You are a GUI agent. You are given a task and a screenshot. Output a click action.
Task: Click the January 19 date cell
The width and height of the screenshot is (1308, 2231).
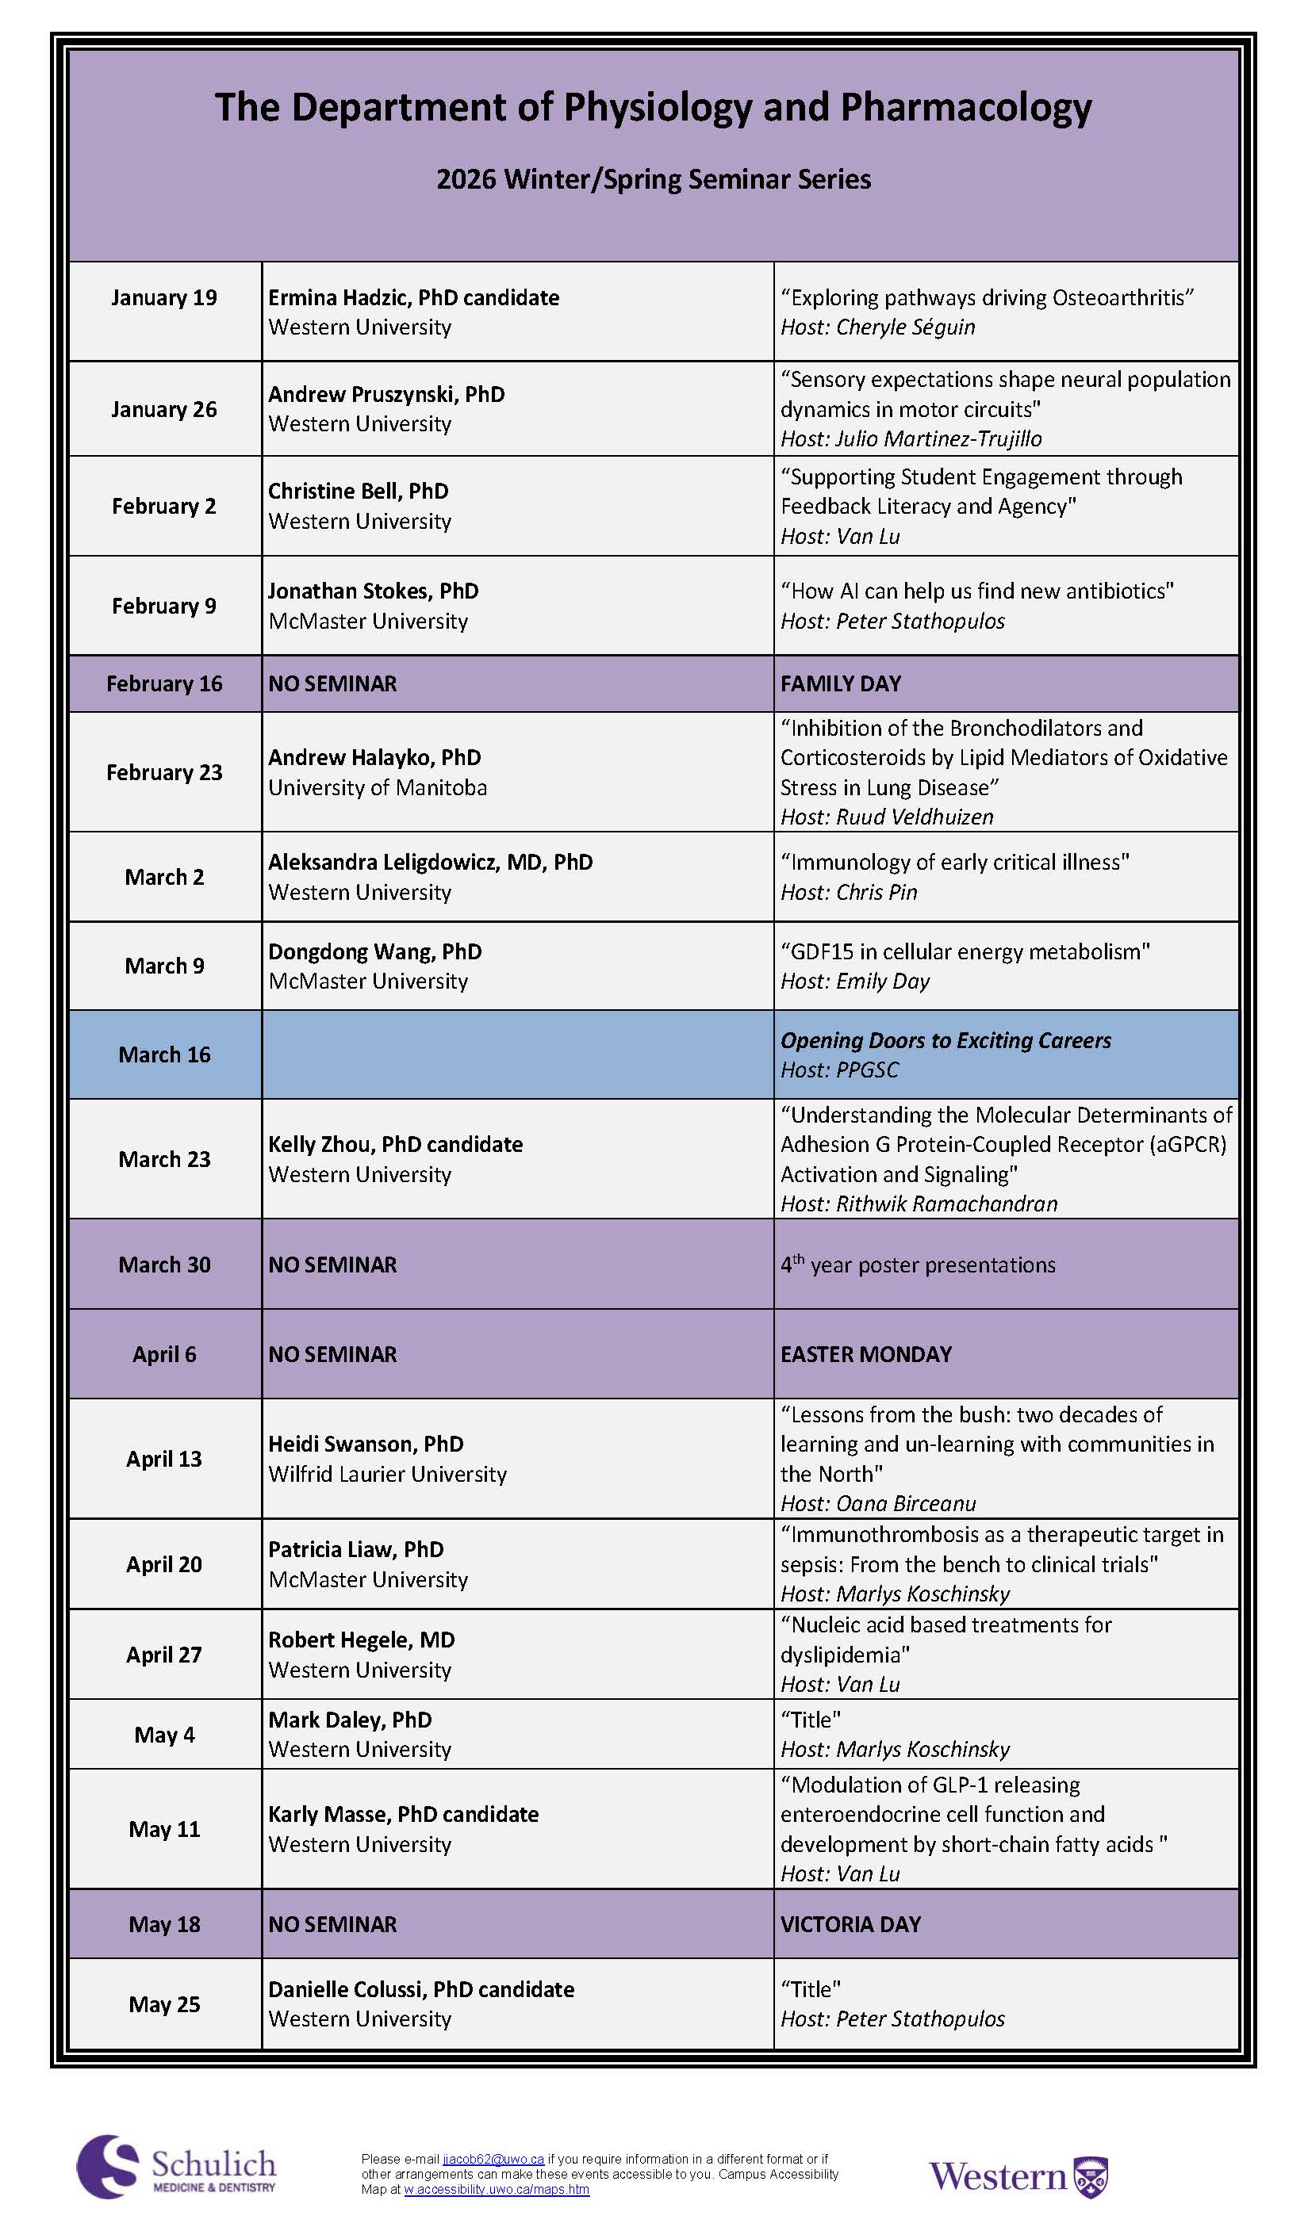click(164, 297)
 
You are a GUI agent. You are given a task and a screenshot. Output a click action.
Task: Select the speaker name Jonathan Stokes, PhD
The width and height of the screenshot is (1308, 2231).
click(373, 591)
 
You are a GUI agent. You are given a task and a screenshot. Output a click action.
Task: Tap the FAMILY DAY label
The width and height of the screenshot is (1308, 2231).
click(841, 683)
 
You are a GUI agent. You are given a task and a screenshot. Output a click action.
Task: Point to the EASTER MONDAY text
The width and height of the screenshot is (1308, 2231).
click(865, 1353)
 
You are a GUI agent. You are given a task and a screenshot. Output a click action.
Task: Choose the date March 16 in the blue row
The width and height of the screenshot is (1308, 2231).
click(164, 1054)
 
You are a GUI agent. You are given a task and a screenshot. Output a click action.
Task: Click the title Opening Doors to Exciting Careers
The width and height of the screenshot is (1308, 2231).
click(945, 1040)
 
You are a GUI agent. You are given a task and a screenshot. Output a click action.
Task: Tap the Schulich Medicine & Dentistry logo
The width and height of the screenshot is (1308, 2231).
click(176, 2166)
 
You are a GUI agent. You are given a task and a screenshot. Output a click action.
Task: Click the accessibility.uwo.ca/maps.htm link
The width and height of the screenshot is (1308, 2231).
click(496, 2190)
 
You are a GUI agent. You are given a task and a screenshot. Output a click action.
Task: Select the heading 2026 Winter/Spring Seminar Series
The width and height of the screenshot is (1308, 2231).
click(654, 179)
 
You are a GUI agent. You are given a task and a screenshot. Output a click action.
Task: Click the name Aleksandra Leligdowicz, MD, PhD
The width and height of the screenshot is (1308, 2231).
click(431, 862)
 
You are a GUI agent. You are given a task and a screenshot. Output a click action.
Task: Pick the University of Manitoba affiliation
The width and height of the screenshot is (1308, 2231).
click(378, 787)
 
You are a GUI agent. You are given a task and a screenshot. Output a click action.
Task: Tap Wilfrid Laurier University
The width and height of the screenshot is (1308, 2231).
click(387, 1474)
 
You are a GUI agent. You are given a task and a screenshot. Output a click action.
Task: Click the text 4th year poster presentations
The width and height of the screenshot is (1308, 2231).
click(918, 1265)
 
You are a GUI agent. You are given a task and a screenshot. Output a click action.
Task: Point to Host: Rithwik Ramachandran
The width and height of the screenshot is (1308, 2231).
click(919, 1204)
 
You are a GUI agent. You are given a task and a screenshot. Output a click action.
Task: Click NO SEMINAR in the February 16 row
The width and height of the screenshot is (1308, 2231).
click(332, 683)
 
